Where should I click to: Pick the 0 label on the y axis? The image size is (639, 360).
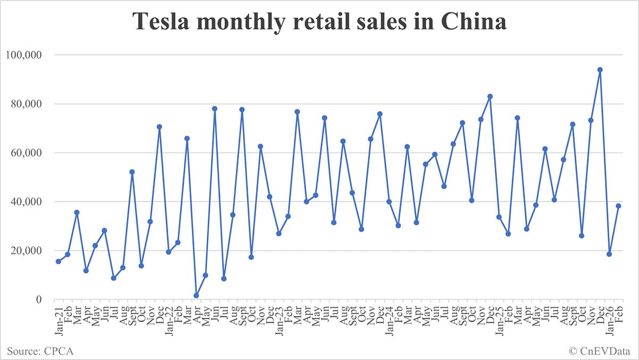[x=39, y=300]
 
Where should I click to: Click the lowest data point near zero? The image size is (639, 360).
[x=196, y=296]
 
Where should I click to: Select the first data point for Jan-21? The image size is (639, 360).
[x=58, y=261]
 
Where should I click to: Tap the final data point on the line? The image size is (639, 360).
[x=618, y=206]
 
